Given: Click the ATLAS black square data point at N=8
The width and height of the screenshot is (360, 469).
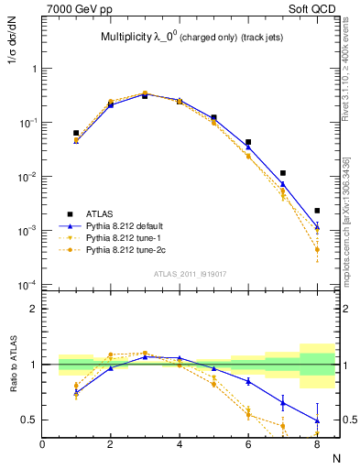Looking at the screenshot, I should point(317,211).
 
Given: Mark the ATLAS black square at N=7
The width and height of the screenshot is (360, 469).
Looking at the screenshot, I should point(283,173).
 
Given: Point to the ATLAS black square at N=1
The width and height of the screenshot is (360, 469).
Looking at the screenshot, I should point(76,133).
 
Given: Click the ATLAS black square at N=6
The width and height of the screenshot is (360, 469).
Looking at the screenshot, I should point(248,142).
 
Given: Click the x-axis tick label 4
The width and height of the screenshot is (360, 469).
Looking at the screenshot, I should point(180,444).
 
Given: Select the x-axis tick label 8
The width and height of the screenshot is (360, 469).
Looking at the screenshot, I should point(317,444).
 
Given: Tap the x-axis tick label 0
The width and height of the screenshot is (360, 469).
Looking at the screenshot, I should point(42,444).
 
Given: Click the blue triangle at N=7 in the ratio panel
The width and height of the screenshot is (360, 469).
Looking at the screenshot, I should point(283,402).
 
